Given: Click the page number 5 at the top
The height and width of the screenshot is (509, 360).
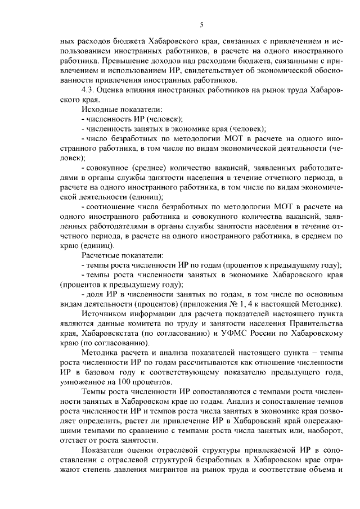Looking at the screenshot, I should (x=201, y=24).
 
